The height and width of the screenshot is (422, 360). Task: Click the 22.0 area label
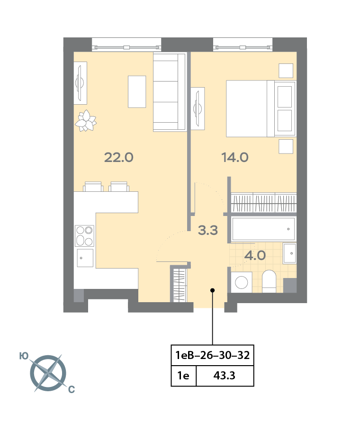119,158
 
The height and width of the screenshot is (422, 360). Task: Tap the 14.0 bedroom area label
234,158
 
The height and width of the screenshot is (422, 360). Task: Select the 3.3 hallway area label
207,231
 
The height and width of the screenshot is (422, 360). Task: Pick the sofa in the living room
169,92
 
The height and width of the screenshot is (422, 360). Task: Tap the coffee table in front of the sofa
137,91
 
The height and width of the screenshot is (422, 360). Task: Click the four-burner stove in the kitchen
84,236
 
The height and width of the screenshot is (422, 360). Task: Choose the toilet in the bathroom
269,281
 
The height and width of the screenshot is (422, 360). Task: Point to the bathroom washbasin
289,253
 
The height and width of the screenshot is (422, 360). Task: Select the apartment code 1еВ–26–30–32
212,355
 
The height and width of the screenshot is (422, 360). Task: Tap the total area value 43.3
225,377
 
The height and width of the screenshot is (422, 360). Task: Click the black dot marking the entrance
212,290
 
